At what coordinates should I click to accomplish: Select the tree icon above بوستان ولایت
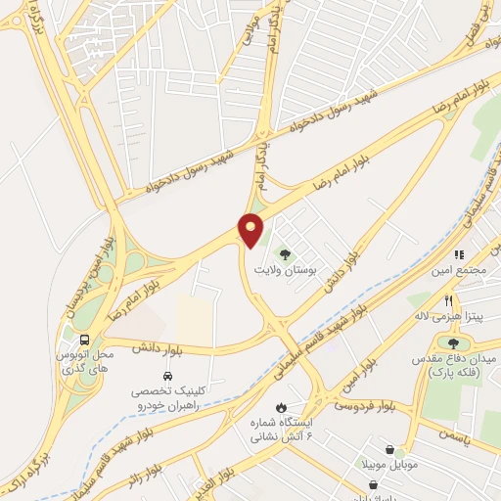[x=286, y=253]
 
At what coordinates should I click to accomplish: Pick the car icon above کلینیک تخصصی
[x=167, y=376]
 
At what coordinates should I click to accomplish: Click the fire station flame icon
[x=282, y=407]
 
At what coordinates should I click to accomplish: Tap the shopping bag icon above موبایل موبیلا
[x=390, y=450]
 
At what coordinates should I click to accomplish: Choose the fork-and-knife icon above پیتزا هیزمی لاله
[x=448, y=301]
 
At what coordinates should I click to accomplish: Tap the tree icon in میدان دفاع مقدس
[x=453, y=342]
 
